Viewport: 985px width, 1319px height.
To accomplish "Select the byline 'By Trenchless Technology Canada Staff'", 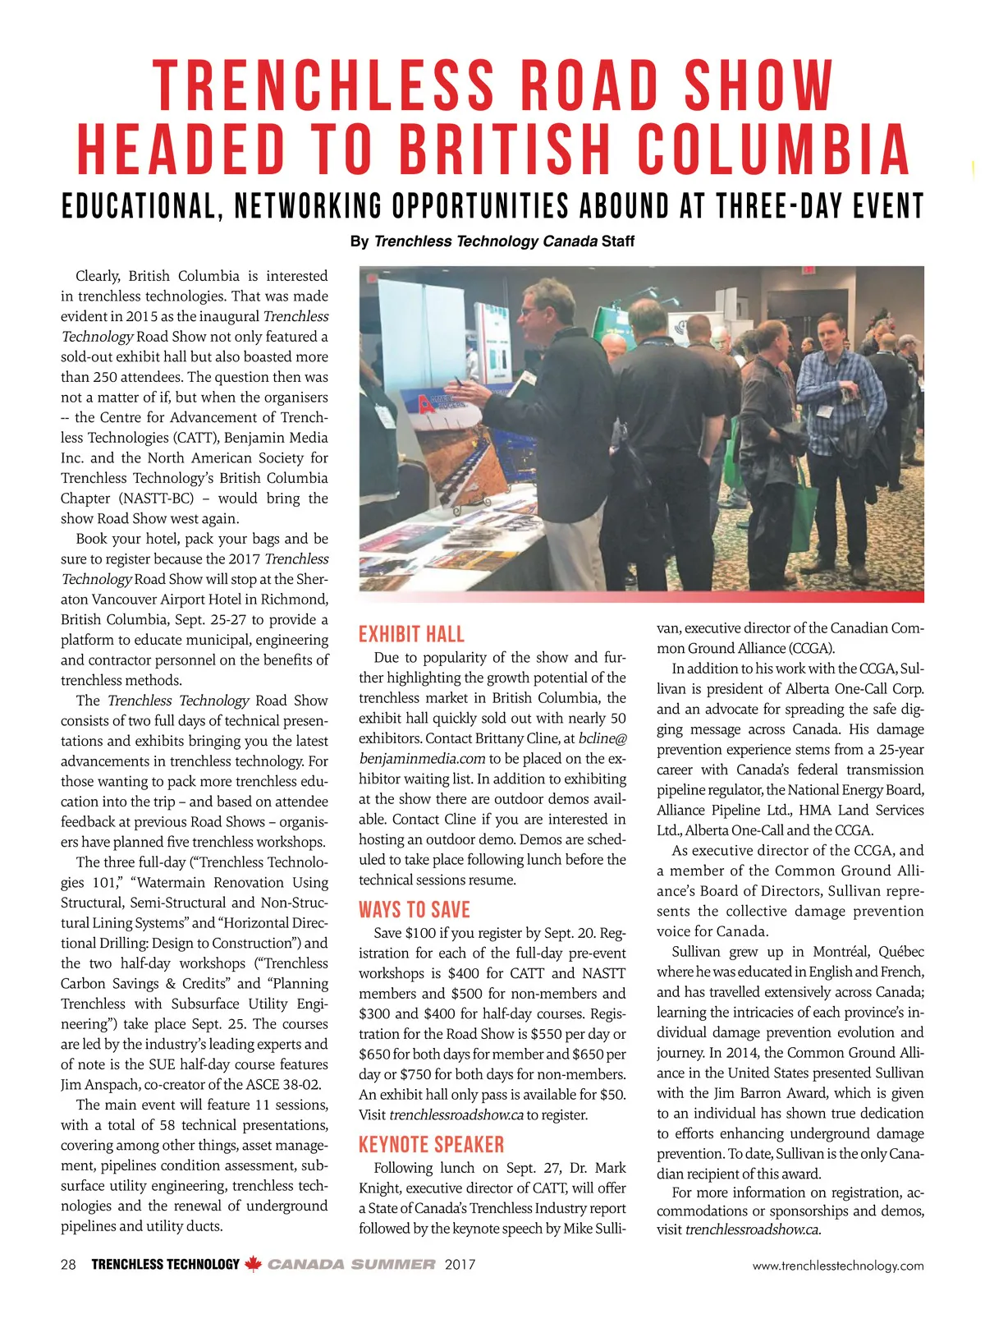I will (492, 241).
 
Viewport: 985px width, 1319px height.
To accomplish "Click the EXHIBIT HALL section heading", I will (411, 634).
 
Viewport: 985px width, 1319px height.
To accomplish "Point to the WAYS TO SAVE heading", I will (415, 910).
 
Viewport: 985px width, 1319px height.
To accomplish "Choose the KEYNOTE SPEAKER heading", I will (431, 1144).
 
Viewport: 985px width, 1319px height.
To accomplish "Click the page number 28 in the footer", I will (68, 1265).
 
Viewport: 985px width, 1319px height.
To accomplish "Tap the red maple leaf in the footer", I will (253, 1264).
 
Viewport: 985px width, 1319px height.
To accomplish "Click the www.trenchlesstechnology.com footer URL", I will (837, 1266).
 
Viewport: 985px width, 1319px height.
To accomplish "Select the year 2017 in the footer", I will (460, 1265).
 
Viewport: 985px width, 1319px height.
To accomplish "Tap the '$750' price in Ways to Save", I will (450, 1074).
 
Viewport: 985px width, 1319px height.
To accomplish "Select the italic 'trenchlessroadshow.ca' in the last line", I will (753, 1229).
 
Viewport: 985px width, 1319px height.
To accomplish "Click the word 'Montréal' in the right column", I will (840, 952).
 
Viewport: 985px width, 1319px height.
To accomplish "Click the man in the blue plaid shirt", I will (838, 402).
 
